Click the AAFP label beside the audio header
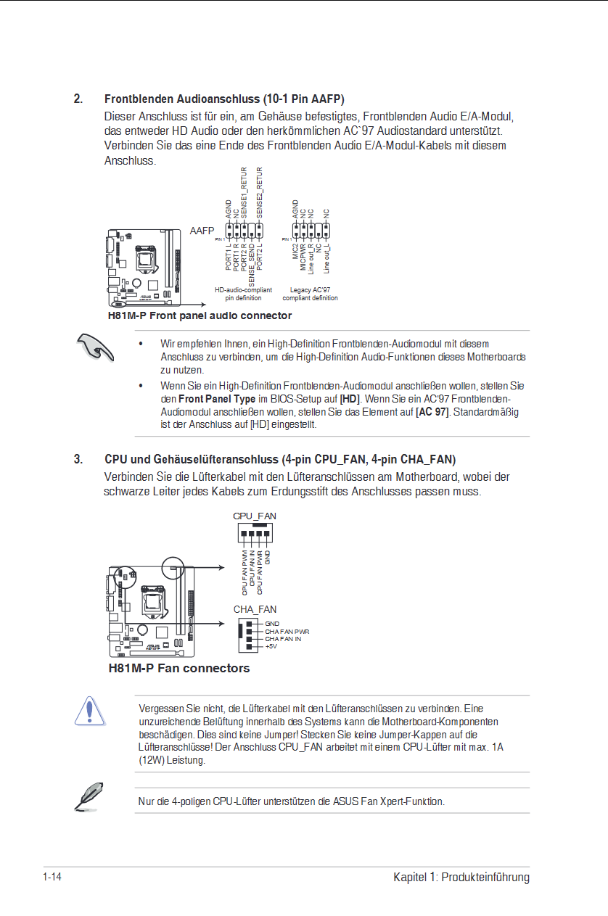coord(202,231)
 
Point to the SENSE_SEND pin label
coord(252,265)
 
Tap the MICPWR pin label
coord(303,258)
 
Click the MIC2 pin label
coord(295,252)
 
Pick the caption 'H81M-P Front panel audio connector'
coord(200,315)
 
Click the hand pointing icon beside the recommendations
coord(96,347)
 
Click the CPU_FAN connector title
coord(254,516)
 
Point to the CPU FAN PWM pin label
coord(245,572)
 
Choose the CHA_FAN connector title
coord(255,609)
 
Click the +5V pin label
coord(271,646)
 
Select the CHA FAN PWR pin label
coord(287,631)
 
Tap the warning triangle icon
coord(89,711)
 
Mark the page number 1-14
coord(52,877)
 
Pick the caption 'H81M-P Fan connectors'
coord(178,668)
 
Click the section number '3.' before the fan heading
coord(78,459)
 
